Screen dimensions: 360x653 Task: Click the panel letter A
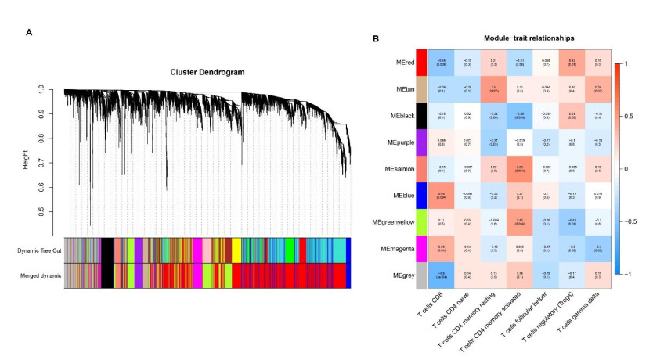coord(29,32)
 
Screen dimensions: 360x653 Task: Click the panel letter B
coord(375,38)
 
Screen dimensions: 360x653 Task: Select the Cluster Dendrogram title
coord(207,72)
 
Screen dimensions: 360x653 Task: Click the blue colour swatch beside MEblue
coord(421,195)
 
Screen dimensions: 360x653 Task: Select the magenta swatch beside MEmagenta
coord(421,248)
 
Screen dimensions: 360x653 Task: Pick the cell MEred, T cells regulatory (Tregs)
coord(572,61)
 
